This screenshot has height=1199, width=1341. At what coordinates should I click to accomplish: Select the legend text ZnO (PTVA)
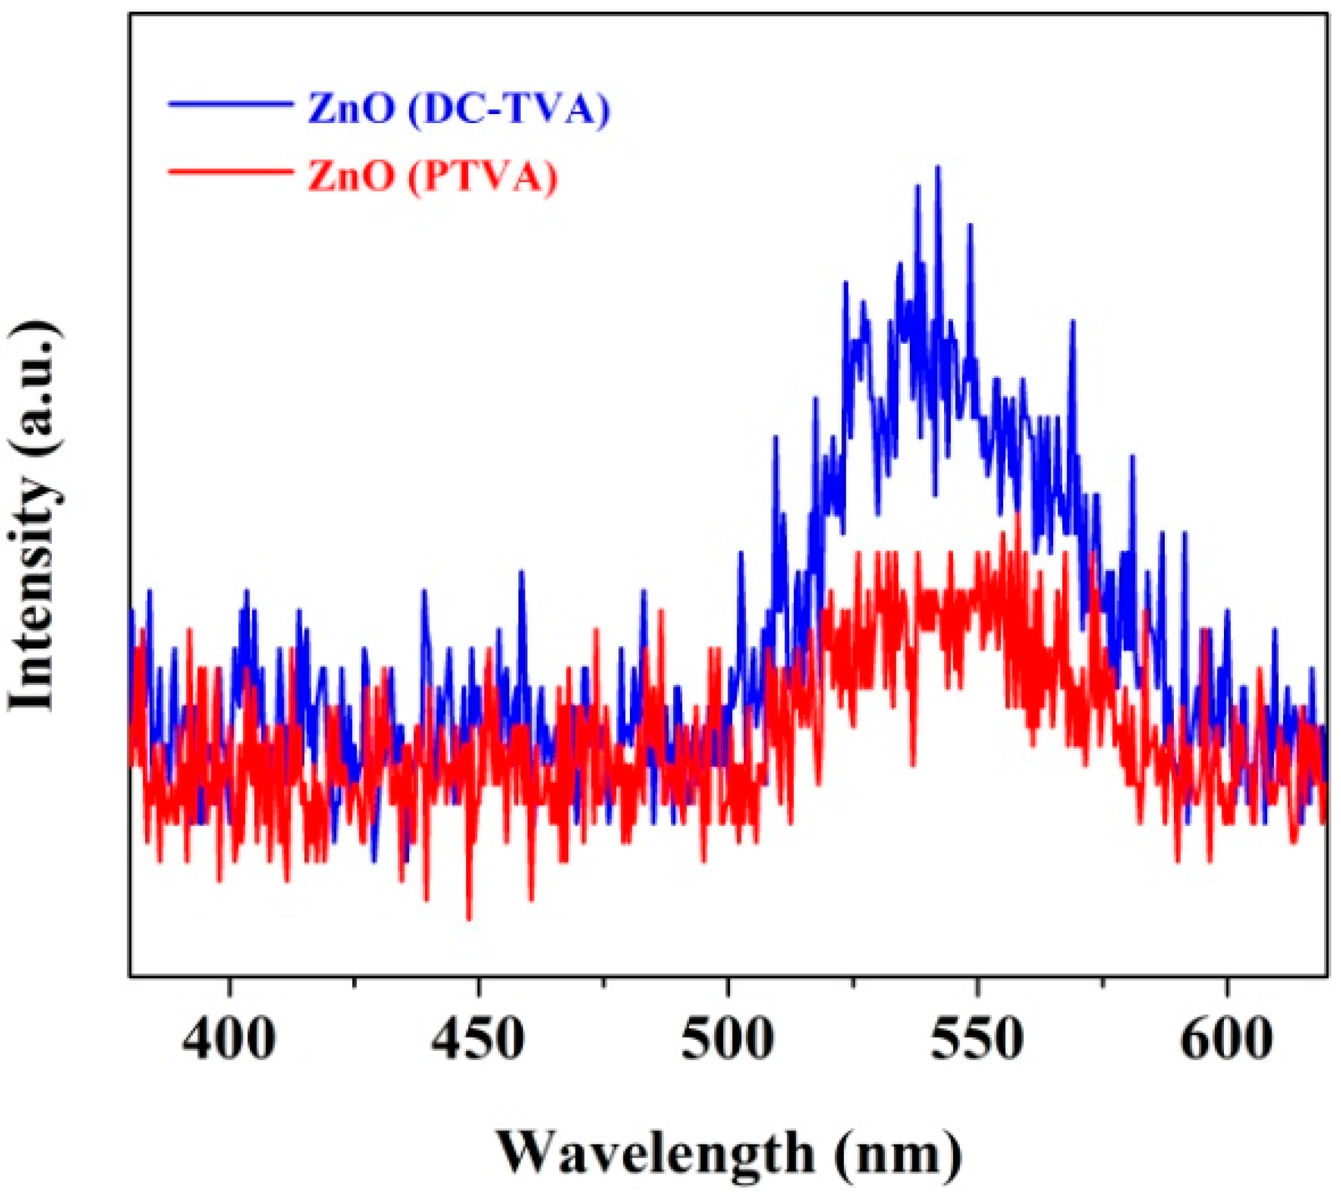point(432,177)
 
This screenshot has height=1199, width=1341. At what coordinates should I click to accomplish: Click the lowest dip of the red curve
point(469,920)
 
